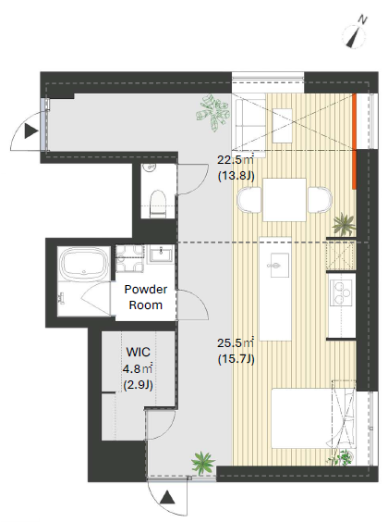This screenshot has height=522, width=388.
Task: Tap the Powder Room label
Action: click(146, 297)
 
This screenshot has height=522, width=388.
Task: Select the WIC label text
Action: click(139, 352)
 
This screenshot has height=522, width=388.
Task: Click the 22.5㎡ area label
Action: click(236, 160)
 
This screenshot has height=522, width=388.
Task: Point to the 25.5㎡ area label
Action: click(236, 342)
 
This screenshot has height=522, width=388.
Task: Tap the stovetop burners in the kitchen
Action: click(342, 292)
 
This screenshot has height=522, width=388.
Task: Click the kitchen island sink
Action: click(278, 265)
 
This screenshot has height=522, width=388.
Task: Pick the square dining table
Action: click(285, 200)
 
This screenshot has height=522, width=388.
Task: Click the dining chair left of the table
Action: click(249, 200)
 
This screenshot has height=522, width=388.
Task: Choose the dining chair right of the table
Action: click(320, 200)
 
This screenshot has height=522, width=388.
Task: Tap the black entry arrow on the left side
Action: click(31, 131)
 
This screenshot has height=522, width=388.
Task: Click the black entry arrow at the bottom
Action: click(167, 497)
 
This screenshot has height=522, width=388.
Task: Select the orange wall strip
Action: click(355, 142)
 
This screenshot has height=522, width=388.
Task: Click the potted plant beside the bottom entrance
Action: click(203, 462)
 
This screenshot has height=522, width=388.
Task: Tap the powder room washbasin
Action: click(161, 254)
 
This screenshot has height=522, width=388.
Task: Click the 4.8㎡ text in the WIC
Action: click(138, 369)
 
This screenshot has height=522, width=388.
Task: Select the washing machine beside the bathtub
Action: click(130, 258)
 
